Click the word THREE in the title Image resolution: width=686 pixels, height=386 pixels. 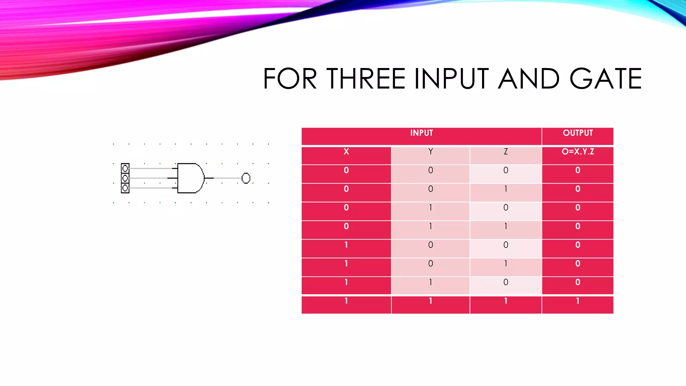tap(366, 79)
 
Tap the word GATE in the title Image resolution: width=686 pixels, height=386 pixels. tap(606, 79)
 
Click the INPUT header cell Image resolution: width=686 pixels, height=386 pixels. tap(421, 133)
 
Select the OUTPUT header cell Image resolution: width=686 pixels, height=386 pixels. tap(577, 133)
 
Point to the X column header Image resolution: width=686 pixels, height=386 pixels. tap(346, 152)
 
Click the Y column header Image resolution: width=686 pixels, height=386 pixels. tap(430, 152)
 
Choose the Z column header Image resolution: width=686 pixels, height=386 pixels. tap(505, 152)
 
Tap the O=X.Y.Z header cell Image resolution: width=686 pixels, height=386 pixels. tap(577, 152)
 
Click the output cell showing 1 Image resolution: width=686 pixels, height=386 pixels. tap(577, 301)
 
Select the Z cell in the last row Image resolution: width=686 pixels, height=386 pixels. tap(505, 301)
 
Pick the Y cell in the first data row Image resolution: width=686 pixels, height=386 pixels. tap(430, 171)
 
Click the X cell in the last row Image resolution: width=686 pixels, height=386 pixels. tap(346, 301)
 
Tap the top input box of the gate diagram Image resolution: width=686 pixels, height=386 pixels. tap(125, 168)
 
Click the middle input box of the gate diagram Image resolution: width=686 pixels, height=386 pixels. tap(125, 178)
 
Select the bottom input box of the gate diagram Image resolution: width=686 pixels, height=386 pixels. tap(125, 188)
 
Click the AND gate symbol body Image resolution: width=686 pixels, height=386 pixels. tap(190, 178)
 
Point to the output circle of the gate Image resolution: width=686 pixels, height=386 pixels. tap(246, 178)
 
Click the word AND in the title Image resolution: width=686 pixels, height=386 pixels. tap(529, 79)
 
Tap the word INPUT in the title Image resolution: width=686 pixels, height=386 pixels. tap(451, 79)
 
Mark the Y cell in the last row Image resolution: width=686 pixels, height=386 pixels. tap(430, 301)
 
